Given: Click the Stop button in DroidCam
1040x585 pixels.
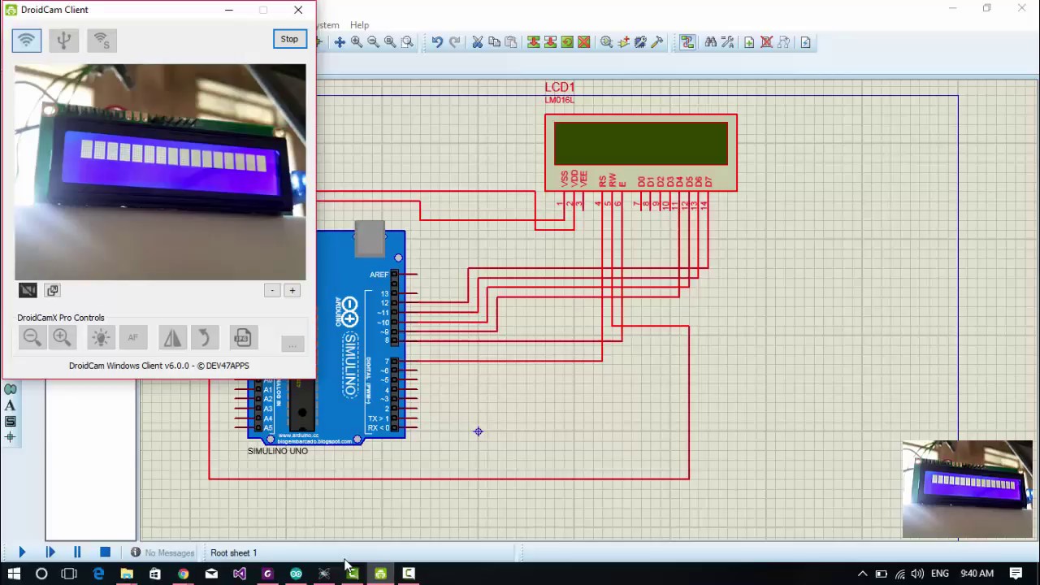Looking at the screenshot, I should [289, 39].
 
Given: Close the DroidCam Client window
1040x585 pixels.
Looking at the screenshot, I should [298, 10].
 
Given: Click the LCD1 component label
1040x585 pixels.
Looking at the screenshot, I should [559, 87].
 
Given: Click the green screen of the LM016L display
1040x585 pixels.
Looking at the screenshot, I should [640, 144].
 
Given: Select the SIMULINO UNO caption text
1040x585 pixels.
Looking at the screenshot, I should [277, 451].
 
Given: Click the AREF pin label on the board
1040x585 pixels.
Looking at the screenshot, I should [379, 275].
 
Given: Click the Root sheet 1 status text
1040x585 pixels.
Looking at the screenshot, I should [233, 552].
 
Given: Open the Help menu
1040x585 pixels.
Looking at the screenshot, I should [359, 25].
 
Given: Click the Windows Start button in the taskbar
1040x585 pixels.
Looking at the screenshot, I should [14, 574].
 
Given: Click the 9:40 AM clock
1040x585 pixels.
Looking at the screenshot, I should [976, 574].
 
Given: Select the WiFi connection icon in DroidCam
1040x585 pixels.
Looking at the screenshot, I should [27, 40].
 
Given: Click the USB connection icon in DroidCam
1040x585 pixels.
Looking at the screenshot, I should [64, 40].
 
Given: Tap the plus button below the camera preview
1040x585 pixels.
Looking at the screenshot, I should [292, 290].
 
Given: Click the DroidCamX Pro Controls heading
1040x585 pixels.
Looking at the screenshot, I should [61, 318].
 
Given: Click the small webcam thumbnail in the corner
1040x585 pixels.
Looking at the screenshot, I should [967, 489].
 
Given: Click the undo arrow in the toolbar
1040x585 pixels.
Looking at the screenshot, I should [437, 42].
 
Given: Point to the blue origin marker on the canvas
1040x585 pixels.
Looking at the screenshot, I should [479, 431].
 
